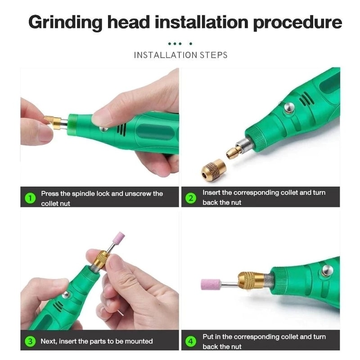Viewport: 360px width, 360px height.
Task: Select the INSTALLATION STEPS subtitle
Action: pyautogui.click(x=180, y=55)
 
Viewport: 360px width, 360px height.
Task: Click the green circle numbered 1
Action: pyautogui.click(x=30, y=198)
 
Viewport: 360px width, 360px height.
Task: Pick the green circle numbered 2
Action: pyautogui.click(x=191, y=198)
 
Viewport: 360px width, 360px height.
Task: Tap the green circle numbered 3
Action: pyautogui.click(x=30, y=341)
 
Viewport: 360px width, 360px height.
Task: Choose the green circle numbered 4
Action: pyautogui.click(x=191, y=342)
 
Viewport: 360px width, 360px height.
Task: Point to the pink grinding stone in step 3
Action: pyautogui.click(x=119, y=238)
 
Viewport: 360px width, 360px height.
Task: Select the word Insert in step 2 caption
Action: pyautogui.click(x=211, y=193)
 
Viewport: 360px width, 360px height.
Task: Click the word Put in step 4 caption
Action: pyautogui.click(x=208, y=337)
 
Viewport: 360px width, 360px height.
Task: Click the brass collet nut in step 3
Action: pyautogui.click(x=101, y=259)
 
